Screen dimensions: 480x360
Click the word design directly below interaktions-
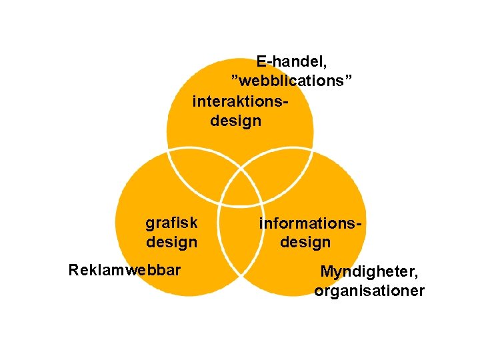coord(236,121)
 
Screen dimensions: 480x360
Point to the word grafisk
coord(171,222)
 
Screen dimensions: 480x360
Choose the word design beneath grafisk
coord(171,241)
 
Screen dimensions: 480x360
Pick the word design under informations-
coord(305,241)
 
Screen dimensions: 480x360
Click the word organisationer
coord(369,291)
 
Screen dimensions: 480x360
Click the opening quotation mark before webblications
coord(234,78)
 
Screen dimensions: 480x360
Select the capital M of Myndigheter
coord(326,271)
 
